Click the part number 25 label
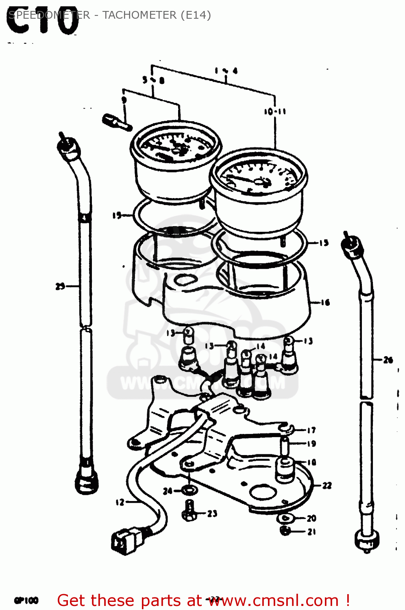(x=60, y=286)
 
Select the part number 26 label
(x=388, y=360)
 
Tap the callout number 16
(x=325, y=303)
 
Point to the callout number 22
(x=327, y=486)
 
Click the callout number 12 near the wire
(x=120, y=502)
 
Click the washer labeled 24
(x=189, y=490)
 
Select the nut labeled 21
(x=285, y=531)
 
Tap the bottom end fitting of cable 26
(x=368, y=540)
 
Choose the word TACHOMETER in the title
(x=139, y=15)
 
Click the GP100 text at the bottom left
(x=26, y=600)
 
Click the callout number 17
(x=311, y=430)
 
